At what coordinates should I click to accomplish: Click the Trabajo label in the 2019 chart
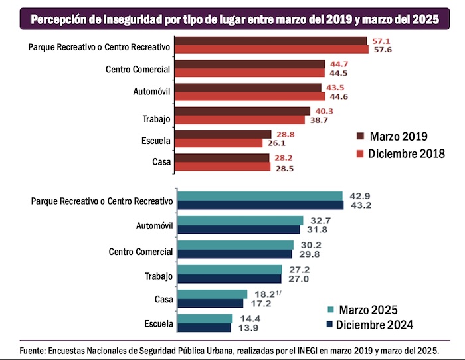click(157, 118)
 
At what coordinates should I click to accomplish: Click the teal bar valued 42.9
click(260, 196)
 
